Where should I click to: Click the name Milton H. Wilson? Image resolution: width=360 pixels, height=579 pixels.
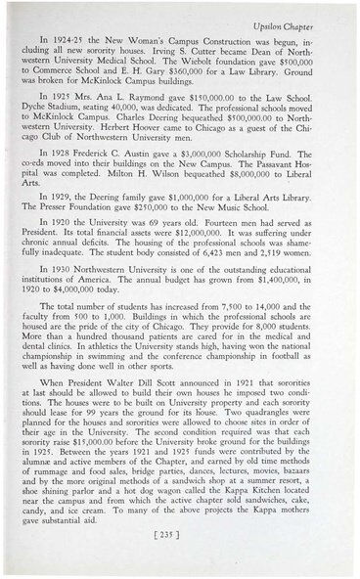pos(155,176)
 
